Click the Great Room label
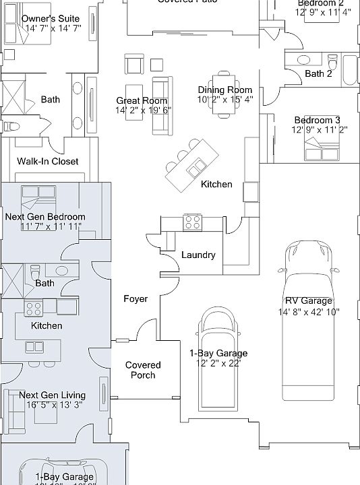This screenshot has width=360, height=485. point(142,100)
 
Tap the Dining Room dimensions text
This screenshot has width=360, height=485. point(224,100)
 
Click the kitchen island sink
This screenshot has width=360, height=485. point(200,166)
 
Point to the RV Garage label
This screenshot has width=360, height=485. point(309,301)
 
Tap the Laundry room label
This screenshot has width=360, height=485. point(198,255)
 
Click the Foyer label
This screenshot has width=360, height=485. point(135,298)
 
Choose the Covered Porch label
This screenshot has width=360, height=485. point(143,370)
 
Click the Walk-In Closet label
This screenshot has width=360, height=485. point(47,162)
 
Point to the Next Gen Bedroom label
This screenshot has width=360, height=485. point(45,217)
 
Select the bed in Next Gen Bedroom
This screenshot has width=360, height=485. point(38,198)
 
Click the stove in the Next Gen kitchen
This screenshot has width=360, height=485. point(34,309)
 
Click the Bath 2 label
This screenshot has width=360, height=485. point(318,74)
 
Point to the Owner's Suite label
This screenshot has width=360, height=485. point(50,18)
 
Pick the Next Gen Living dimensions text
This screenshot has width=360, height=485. point(52,405)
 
